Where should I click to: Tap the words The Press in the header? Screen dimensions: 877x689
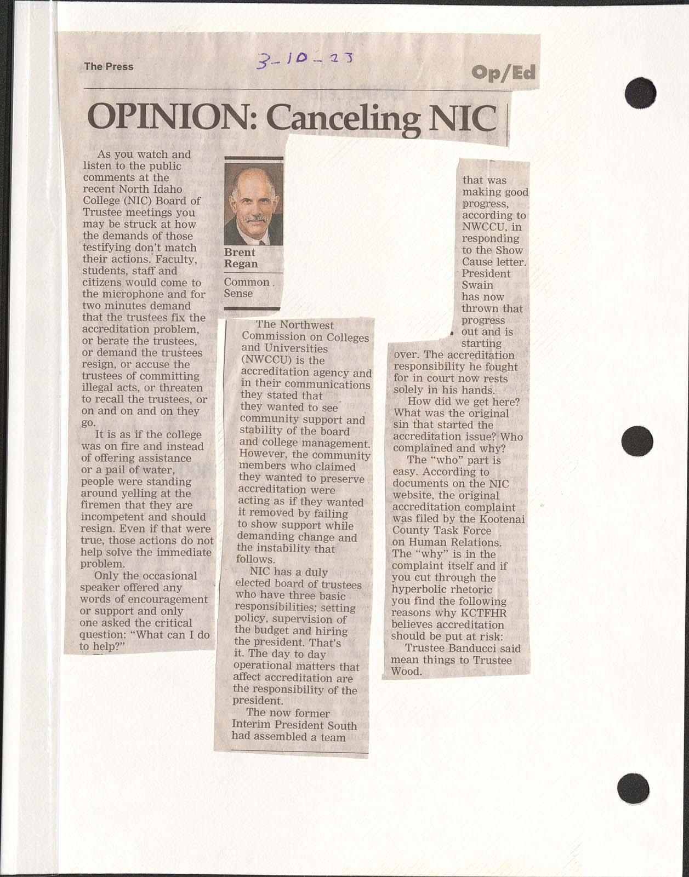(x=109, y=67)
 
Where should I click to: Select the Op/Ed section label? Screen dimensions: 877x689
(x=503, y=72)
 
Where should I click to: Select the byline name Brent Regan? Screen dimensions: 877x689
(x=241, y=258)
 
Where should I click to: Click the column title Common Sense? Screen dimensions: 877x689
(x=247, y=288)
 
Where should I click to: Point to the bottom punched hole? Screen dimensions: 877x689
(x=633, y=789)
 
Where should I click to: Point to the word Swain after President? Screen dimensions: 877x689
(x=477, y=285)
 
